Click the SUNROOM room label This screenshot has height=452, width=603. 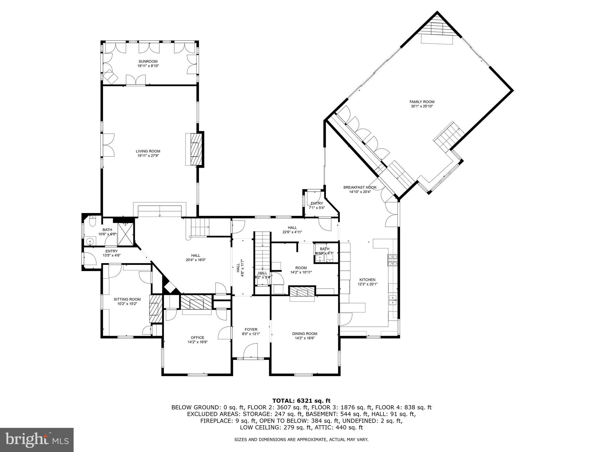(148, 62)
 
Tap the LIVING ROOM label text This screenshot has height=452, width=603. (148, 151)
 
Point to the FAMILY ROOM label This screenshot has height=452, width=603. (422, 102)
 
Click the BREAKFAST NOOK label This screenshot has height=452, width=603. (360, 187)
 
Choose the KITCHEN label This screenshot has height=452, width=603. (367, 280)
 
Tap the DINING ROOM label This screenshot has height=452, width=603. (305, 333)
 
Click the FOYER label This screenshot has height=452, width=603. (251, 329)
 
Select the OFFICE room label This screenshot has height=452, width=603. (197, 338)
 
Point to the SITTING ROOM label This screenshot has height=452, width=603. (127, 299)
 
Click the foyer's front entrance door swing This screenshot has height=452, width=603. (251, 351)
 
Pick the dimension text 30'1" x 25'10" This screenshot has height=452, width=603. (422, 106)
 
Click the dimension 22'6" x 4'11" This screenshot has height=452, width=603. (292, 232)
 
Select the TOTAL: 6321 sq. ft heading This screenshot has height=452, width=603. (301, 401)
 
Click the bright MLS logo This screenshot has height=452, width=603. (37, 440)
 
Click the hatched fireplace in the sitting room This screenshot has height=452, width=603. (155, 309)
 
